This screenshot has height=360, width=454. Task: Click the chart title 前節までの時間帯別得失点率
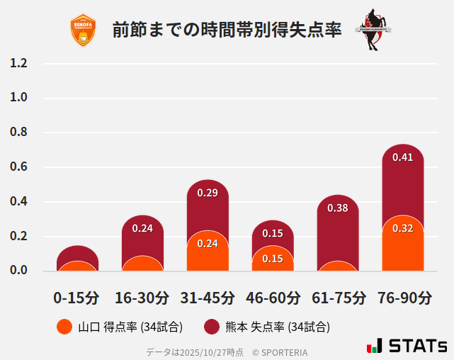227,30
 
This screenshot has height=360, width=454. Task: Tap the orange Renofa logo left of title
83,30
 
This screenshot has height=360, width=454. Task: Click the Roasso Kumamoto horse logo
373,30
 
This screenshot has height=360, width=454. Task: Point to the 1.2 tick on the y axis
19,63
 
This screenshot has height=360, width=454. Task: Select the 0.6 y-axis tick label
19,167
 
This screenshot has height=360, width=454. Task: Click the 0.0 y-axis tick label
19,270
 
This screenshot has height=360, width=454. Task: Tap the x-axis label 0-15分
76,298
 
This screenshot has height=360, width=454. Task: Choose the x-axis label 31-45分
208,298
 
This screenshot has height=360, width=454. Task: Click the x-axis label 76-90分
403,298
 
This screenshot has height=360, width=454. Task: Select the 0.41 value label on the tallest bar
402,157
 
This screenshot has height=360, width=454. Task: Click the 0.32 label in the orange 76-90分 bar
402,228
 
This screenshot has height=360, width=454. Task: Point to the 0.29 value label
208,192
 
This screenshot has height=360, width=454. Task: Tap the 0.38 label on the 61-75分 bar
338,208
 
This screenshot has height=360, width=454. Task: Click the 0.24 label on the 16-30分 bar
142,228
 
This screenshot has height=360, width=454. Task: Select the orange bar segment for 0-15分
77,266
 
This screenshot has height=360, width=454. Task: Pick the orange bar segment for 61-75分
338,266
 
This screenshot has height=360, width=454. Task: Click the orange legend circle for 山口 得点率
64,327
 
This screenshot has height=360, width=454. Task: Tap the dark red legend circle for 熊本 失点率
211,327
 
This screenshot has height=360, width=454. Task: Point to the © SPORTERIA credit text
280,351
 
